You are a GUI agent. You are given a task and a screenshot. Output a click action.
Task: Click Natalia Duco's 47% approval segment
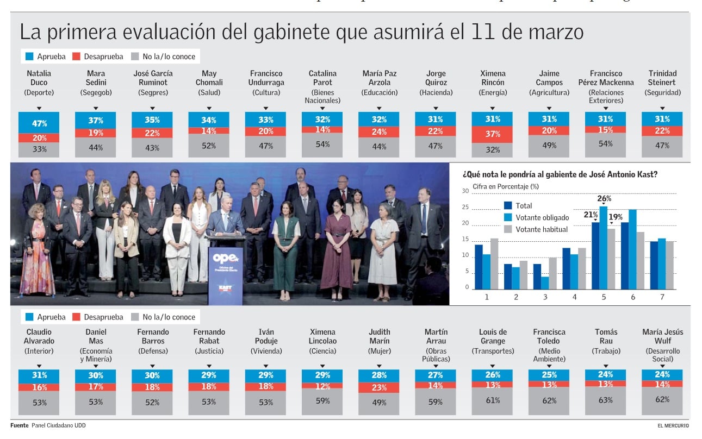point(39,123)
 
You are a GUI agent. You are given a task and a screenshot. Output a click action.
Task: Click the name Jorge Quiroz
point(436,78)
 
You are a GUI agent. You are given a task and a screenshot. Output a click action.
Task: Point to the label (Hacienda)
point(436,93)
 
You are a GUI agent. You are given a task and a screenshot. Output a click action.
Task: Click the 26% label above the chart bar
point(604,199)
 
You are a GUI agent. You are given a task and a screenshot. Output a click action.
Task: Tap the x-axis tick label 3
point(545,297)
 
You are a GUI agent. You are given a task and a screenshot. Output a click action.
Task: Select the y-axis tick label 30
point(465,191)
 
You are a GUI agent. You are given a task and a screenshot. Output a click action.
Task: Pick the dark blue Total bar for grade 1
point(479,267)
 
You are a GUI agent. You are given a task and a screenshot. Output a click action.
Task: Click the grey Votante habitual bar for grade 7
point(669,265)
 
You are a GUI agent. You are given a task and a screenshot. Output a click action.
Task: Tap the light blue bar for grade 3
point(545,283)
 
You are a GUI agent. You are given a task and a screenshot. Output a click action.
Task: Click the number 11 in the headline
point(483,33)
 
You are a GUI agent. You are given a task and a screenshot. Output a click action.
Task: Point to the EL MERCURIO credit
point(673,425)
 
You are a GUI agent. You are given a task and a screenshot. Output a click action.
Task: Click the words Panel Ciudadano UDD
point(58,425)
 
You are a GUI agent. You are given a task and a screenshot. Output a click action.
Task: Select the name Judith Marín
point(379,336)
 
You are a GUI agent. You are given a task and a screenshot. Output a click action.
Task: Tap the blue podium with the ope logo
point(225,274)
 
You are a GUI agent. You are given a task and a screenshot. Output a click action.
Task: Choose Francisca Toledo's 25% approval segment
point(549,375)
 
